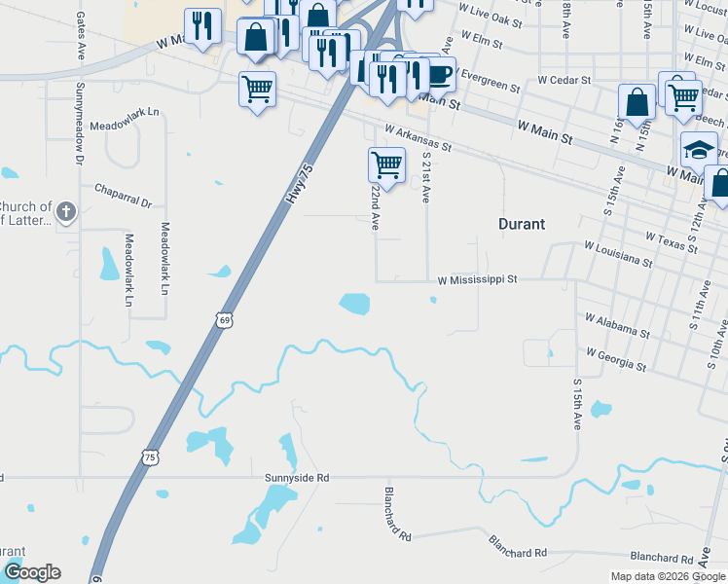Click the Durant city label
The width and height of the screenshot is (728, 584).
(x=521, y=223)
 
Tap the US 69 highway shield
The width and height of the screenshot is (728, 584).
(x=225, y=319)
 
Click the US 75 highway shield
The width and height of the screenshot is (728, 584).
(x=150, y=456)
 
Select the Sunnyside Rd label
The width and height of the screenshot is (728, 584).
(x=297, y=478)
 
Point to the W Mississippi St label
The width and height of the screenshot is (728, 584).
(x=477, y=278)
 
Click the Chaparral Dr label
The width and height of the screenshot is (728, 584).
(x=124, y=196)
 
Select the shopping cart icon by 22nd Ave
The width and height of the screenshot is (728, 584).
(x=386, y=164)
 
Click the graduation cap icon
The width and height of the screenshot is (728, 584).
(x=698, y=150)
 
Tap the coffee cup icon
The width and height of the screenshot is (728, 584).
(x=438, y=73)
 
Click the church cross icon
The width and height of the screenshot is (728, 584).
(x=65, y=211)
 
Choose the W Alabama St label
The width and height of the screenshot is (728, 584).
(x=617, y=325)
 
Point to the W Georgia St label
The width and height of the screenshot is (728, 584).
(x=614, y=358)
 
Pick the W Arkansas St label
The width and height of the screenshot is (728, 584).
(x=419, y=138)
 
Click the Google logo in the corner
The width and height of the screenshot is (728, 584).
(x=32, y=572)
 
